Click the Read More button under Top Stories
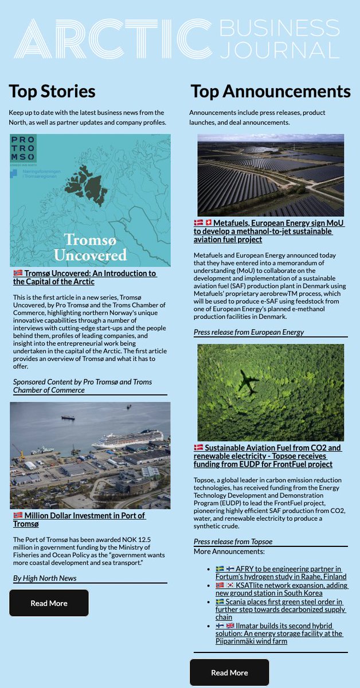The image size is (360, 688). (x=49, y=603)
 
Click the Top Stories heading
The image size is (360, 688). (x=52, y=91)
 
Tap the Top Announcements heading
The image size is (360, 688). (x=270, y=91)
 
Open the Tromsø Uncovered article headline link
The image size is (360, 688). (x=84, y=277)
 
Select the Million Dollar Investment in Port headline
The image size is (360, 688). (x=80, y=519)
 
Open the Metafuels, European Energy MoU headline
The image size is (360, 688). (x=269, y=231)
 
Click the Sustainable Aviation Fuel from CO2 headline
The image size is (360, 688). (x=268, y=456)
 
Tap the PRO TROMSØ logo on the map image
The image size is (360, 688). (x=24, y=149)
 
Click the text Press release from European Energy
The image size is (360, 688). (x=248, y=332)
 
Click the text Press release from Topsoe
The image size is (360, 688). (x=233, y=541)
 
